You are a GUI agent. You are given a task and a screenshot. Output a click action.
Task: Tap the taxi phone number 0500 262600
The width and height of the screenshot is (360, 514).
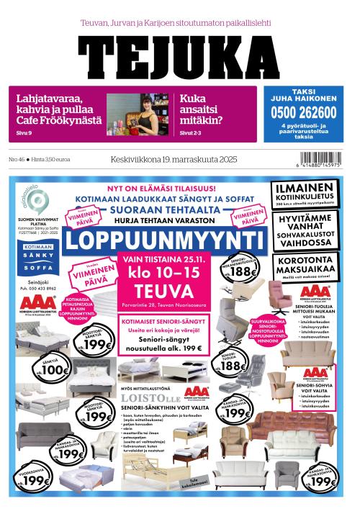click(304, 112)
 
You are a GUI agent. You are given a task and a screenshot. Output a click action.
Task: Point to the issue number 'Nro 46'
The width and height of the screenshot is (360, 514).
click(17, 159)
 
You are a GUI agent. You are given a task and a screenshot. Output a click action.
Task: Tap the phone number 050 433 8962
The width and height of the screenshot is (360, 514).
click(39, 288)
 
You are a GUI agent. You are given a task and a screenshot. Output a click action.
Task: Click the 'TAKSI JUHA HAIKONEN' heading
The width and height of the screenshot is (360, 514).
click(304, 94)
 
